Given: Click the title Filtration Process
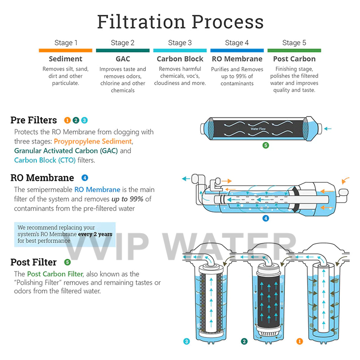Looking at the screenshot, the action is pyautogui.click(x=180, y=22).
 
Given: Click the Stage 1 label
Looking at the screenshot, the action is pyautogui.click(x=66, y=43).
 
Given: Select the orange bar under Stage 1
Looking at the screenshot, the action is pyautogui.click(x=66, y=50).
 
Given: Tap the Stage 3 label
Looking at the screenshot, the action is pyautogui.click(x=180, y=43).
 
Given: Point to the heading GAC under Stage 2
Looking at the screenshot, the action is pyautogui.click(x=123, y=59).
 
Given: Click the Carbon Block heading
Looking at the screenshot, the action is pyautogui.click(x=180, y=59).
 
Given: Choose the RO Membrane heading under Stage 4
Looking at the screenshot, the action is pyautogui.click(x=237, y=59).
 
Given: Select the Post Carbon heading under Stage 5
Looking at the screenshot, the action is pyautogui.click(x=294, y=59).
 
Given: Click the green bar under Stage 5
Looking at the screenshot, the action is pyautogui.click(x=294, y=50).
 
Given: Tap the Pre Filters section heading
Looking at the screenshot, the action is pyautogui.click(x=34, y=120).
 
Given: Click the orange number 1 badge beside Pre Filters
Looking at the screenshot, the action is pyautogui.click(x=67, y=120).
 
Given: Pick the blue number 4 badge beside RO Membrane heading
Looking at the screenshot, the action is pyautogui.click(x=85, y=178).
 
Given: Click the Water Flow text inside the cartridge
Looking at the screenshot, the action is pyautogui.click(x=259, y=129).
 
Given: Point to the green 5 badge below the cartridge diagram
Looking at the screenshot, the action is pyautogui.click(x=265, y=145).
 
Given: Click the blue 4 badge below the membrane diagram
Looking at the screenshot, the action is pyautogui.click(x=265, y=219).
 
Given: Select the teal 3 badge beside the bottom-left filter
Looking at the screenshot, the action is pyautogui.click(x=186, y=342).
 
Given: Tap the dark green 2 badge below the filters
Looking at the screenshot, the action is pyautogui.click(x=244, y=342).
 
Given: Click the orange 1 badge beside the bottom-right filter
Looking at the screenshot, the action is pyautogui.click(x=300, y=342).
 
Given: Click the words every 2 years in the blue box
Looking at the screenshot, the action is pyautogui.click(x=94, y=234).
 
